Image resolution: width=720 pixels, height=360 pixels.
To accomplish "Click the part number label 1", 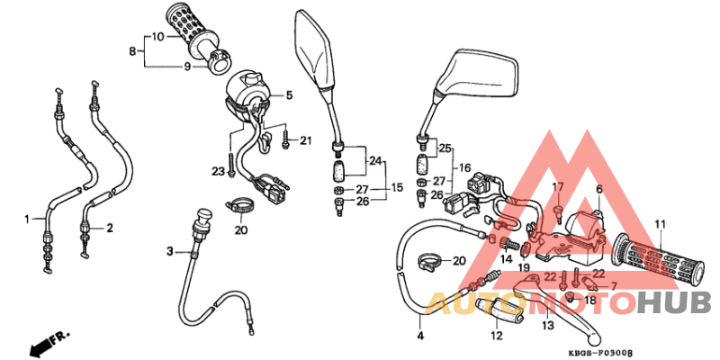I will click(x=28, y=218).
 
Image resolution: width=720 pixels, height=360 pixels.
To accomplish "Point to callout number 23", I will click(x=218, y=171).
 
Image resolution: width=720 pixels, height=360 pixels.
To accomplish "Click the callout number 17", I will click(x=557, y=187).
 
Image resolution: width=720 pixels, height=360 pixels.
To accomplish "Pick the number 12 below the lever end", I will click(x=496, y=337).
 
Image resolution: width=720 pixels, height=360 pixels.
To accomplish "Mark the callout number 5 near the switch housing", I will click(x=290, y=94).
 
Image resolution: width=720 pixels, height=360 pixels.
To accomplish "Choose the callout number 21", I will click(x=305, y=139).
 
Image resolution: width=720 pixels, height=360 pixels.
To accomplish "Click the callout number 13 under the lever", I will click(x=548, y=326).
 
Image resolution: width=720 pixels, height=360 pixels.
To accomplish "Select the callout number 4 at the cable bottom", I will click(x=419, y=335).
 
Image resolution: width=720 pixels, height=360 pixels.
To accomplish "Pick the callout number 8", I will click(x=133, y=52).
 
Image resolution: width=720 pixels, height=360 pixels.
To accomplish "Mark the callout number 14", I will click(x=507, y=259).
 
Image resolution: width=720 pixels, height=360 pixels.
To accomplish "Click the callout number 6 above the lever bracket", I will click(x=598, y=189).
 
